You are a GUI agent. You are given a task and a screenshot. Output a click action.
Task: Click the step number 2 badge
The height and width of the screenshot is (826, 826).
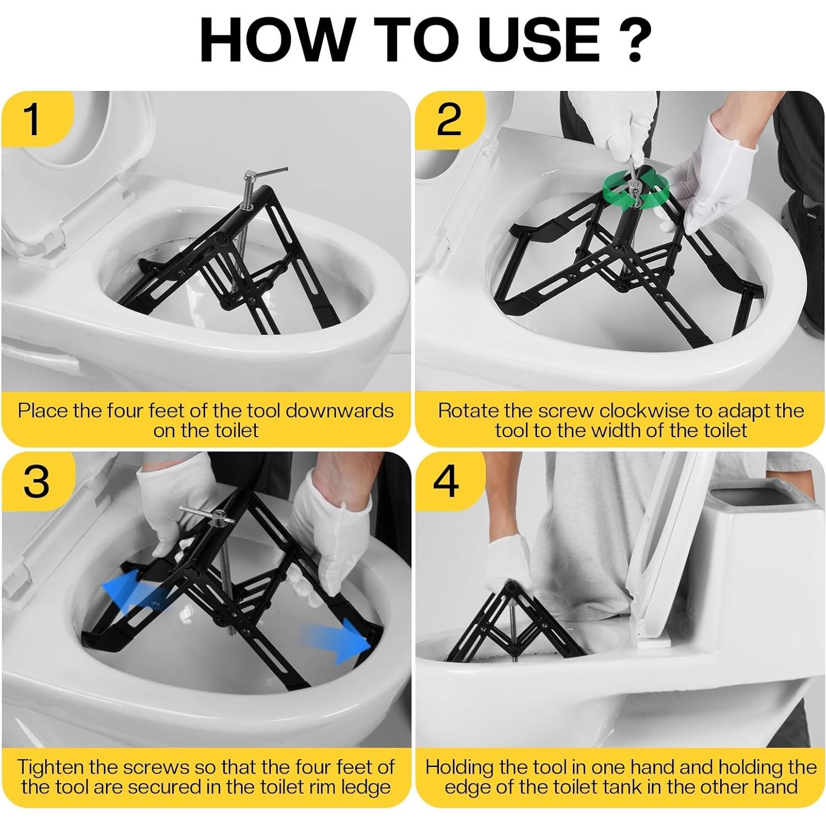(448, 120)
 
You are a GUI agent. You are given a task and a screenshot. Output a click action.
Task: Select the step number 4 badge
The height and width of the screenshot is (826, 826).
(446, 481)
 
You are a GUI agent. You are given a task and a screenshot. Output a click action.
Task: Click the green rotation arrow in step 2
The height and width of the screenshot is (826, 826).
(634, 190)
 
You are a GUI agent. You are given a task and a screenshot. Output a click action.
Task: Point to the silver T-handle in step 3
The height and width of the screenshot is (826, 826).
(207, 513)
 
